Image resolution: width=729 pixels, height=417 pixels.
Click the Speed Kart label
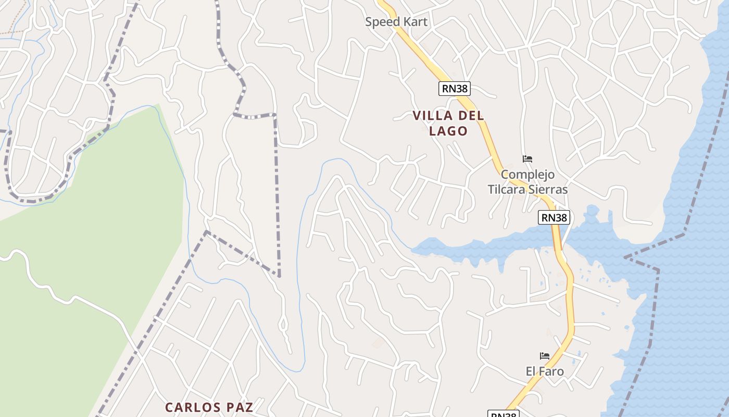pyautogui.click(x=396, y=22)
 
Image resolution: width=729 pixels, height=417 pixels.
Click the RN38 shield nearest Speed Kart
pyautogui.click(x=455, y=89)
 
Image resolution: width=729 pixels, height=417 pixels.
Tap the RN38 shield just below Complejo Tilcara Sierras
pyautogui.click(x=554, y=217)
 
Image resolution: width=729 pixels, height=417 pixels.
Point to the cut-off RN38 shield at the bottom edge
pyautogui.click(x=504, y=414)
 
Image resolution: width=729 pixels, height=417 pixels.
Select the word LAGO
pyautogui.click(x=448, y=131)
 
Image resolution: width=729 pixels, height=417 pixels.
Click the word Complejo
pyautogui.click(x=527, y=174)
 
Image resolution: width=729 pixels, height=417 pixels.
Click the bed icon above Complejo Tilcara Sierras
pyautogui.click(x=527, y=158)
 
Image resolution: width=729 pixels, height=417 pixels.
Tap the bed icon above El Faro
pyautogui.click(x=545, y=356)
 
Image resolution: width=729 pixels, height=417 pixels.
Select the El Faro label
pyautogui.click(x=545, y=371)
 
